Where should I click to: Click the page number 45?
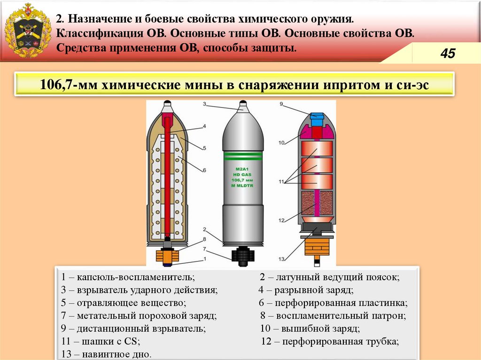click(447, 54)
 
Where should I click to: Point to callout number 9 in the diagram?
click(281, 104)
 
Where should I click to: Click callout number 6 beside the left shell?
click(205, 169)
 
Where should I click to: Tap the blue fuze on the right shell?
click(317, 119)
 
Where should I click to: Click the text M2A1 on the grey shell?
click(243, 168)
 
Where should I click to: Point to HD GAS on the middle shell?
click(243, 174)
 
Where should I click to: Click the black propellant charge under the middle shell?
click(242, 253)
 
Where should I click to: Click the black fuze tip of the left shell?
click(167, 103)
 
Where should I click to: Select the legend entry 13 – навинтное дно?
click(106, 353)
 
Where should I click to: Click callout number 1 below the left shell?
click(205, 259)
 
